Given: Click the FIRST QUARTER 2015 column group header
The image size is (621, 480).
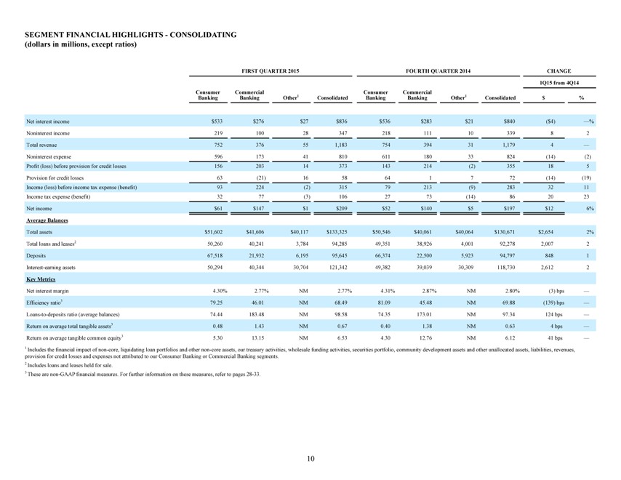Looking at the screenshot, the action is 270,71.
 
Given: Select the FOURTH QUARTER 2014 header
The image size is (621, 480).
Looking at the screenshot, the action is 438,71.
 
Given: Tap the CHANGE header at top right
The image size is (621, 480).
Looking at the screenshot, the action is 558,71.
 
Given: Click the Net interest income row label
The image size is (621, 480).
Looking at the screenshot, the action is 47,121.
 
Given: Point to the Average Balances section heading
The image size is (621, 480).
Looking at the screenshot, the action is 47,220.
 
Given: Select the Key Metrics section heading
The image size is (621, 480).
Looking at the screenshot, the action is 41,279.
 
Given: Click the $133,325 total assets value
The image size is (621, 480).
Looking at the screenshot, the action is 337,232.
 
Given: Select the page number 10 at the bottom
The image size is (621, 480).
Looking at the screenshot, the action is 310,459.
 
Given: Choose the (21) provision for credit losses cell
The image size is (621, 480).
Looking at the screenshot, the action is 260,178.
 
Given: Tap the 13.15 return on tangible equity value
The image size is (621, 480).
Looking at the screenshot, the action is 258,338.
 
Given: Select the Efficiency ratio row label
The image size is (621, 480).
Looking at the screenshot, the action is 44,303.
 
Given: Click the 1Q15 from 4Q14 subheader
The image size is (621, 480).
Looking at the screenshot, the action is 558,83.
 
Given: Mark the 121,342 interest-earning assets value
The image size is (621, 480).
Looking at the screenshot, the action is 339,268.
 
